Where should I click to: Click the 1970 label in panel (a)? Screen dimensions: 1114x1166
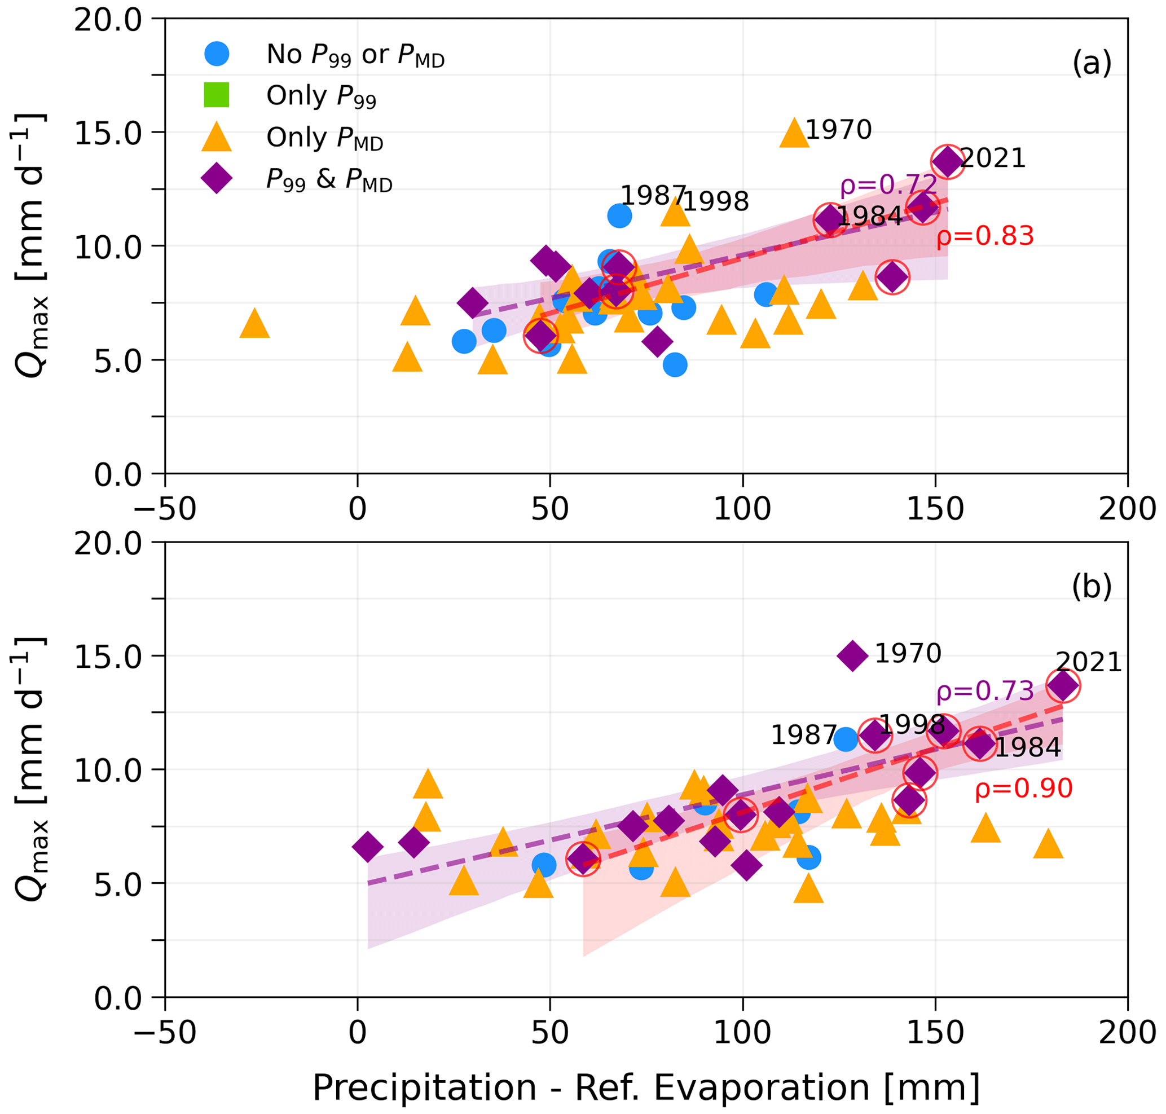point(838,130)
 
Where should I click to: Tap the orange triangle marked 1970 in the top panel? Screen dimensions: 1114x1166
point(794,133)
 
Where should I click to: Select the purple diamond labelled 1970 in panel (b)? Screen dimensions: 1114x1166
point(852,655)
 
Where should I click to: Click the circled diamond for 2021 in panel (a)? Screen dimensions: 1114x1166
point(948,161)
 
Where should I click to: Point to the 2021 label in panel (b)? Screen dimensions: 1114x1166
point(1089,662)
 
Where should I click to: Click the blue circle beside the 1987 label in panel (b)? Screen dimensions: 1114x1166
point(846,739)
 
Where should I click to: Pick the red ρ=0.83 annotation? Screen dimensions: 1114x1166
point(985,236)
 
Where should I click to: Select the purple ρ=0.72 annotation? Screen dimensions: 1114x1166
point(888,186)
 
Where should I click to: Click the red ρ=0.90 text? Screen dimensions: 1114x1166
point(1024,789)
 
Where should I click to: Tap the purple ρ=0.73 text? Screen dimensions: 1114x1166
point(985,692)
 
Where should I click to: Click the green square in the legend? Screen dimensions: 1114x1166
point(217,95)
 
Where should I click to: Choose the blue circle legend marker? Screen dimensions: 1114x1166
point(217,54)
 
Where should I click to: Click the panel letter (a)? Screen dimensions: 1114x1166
point(1092,63)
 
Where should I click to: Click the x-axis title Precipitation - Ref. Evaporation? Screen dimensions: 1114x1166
point(646,1088)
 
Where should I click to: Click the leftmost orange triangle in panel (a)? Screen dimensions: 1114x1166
point(255,324)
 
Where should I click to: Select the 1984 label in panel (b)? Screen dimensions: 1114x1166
point(1028,747)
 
